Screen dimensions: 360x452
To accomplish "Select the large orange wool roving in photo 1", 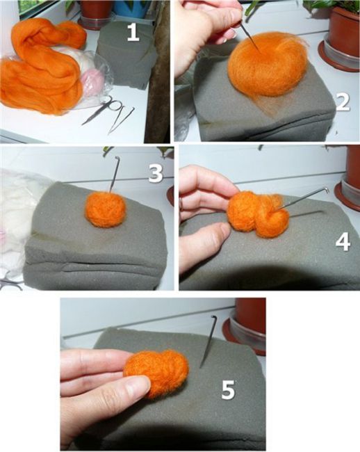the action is tap(42, 66).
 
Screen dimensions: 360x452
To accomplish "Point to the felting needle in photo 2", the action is tap(250, 38).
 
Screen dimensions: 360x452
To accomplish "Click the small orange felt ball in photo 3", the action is tap(106, 209).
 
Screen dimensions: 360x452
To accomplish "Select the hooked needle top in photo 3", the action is tap(117, 158).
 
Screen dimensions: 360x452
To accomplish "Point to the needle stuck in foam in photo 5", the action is tap(208, 341).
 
